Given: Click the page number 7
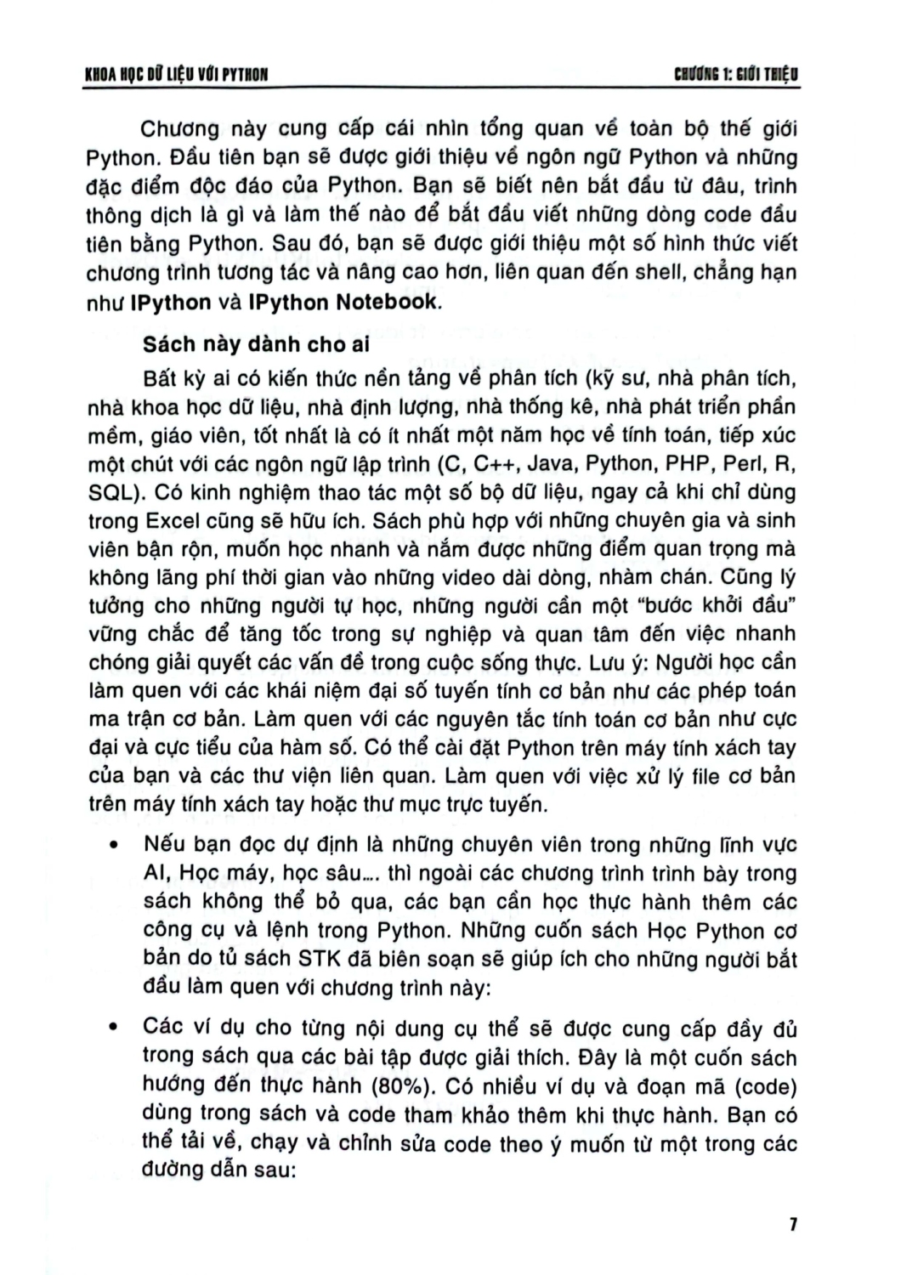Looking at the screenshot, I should click(x=791, y=1225).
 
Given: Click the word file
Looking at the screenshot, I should click(x=701, y=775).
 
